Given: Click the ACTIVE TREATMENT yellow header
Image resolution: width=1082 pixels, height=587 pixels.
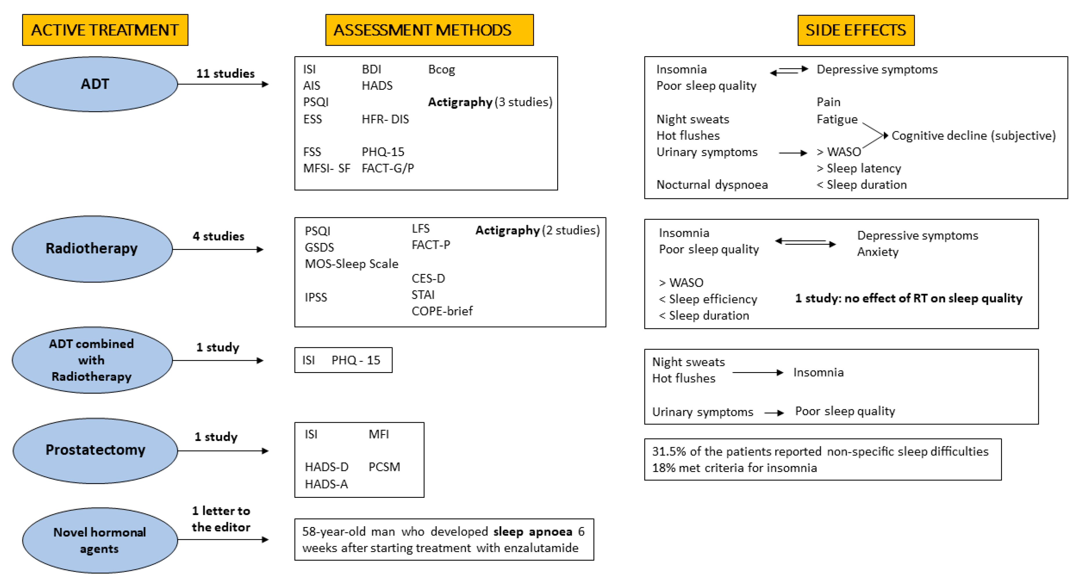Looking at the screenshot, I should point(105,30).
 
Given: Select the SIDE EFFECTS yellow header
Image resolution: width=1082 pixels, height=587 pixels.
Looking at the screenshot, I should point(856,30).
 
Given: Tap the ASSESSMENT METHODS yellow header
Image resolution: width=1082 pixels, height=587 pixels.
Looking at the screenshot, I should point(429,30).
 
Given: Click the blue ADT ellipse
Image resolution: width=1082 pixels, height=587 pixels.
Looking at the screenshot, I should point(95,84).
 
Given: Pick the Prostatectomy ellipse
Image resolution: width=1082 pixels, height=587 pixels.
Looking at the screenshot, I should point(95,450).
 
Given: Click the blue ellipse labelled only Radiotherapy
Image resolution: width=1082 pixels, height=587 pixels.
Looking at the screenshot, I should point(92,248).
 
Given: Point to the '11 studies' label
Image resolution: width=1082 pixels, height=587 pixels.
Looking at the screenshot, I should point(225,74).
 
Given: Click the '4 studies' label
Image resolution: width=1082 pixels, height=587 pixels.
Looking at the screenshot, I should point(218,236).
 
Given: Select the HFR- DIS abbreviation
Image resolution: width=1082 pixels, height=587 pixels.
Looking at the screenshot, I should point(385,119).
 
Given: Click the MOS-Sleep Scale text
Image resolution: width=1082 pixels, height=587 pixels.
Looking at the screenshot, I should point(351,264).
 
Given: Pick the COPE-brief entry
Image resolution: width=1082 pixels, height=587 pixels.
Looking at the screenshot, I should point(442,311).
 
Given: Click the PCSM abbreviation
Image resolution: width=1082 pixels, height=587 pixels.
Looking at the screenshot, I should point(384,467).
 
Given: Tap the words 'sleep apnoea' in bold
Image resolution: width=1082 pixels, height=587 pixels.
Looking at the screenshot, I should point(533,532).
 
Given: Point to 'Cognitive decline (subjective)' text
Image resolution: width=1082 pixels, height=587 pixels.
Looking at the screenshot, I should point(973,136).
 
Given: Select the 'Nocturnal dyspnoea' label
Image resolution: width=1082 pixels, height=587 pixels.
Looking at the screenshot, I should point(712,185).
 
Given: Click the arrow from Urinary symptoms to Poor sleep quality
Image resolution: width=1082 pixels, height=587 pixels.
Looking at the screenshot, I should point(774,413).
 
